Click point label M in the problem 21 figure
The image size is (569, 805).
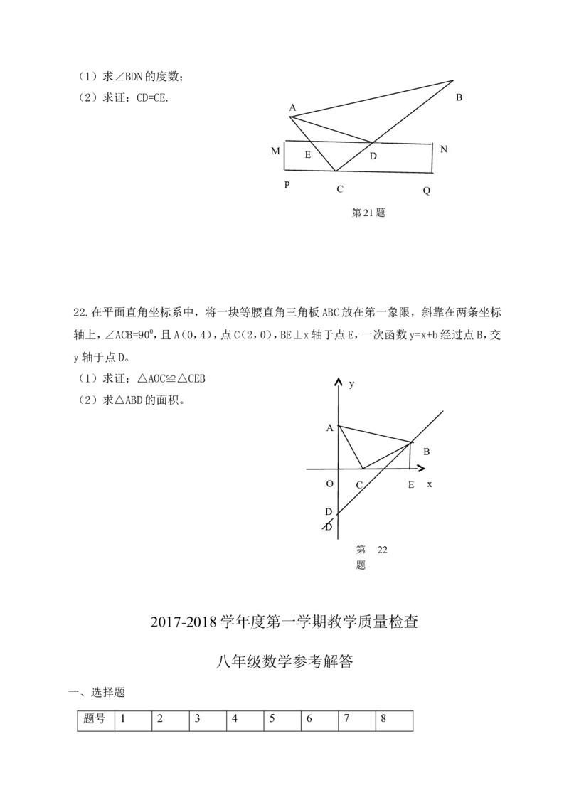click(x=275, y=151)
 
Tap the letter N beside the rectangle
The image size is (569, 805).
click(x=444, y=149)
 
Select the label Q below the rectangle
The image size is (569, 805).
click(x=426, y=191)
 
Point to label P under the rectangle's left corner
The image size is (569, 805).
click(x=287, y=185)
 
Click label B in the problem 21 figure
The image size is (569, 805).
click(x=459, y=97)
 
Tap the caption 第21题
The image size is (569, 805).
click(x=368, y=213)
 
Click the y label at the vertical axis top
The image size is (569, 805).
click(x=351, y=384)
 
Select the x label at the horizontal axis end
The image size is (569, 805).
click(x=430, y=484)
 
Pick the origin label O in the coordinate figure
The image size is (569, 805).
click(x=330, y=484)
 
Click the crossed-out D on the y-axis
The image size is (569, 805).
click(x=328, y=526)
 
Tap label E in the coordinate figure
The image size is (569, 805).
click(x=411, y=484)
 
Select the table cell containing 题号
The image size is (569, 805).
click(x=96, y=721)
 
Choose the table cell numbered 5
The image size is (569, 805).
click(x=282, y=721)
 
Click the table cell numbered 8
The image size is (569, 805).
click(x=394, y=721)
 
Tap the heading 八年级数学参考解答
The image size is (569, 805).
click(x=284, y=661)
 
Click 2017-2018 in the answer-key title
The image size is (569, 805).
click(x=184, y=622)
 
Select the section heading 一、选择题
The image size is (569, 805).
click(x=97, y=692)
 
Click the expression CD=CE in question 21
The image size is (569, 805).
click(x=152, y=97)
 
